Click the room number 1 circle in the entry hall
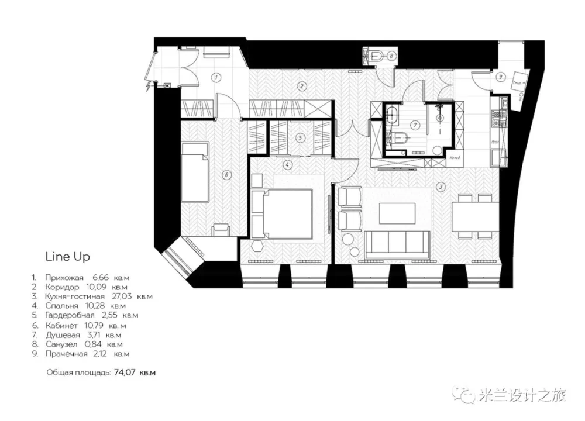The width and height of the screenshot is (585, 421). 215,77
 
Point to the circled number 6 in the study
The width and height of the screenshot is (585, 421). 226,173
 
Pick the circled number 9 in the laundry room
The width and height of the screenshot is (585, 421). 500,76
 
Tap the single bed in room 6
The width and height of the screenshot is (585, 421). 195,172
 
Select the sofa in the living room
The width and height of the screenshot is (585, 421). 398,243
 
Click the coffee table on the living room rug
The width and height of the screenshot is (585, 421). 397,213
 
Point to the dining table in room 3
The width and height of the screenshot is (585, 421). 474,216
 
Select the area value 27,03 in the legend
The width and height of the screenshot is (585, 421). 123,296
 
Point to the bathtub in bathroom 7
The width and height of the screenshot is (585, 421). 393,115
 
